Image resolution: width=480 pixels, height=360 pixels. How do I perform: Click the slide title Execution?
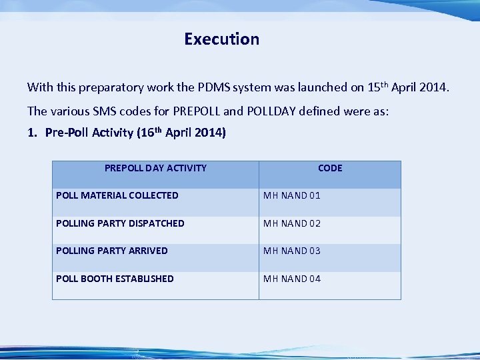point(221,39)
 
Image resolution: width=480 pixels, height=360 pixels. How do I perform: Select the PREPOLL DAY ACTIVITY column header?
point(155,168)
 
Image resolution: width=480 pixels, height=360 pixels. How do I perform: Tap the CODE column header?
point(330,168)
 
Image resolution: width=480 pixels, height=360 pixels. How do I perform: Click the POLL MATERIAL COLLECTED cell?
point(117,195)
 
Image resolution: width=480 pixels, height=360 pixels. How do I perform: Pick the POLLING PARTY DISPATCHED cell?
point(120,223)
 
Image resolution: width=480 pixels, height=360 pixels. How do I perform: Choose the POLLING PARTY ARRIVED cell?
point(112,251)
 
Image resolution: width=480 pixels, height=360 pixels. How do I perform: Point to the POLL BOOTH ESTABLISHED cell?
point(115,279)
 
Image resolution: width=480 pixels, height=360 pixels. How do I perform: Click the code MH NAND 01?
point(292,195)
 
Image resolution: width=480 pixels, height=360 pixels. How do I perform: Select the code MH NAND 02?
point(292,223)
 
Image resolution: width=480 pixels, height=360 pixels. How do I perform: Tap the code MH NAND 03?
point(292,251)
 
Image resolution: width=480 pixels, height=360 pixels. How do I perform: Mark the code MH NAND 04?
point(292,279)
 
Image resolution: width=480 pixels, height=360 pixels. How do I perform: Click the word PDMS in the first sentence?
point(213,87)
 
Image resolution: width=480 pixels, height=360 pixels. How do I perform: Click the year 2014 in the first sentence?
point(436,87)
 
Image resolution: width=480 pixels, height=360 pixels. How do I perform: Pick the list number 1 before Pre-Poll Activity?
point(31,133)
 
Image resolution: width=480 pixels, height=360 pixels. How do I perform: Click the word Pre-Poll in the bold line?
point(66,133)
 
